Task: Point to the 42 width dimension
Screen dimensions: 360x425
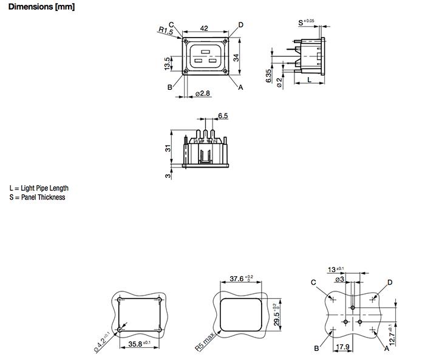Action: tap(204, 28)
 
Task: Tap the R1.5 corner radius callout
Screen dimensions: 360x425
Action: tap(166, 30)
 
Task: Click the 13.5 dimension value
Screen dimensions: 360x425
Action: tap(166, 64)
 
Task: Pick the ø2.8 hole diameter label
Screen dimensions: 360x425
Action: tap(203, 93)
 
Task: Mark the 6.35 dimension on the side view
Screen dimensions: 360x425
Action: tap(270, 76)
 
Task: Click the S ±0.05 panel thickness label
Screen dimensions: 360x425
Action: tap(307, 22)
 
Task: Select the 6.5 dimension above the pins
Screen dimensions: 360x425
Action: tap(222, 115)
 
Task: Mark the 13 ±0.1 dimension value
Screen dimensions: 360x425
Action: tap(336, 269)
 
